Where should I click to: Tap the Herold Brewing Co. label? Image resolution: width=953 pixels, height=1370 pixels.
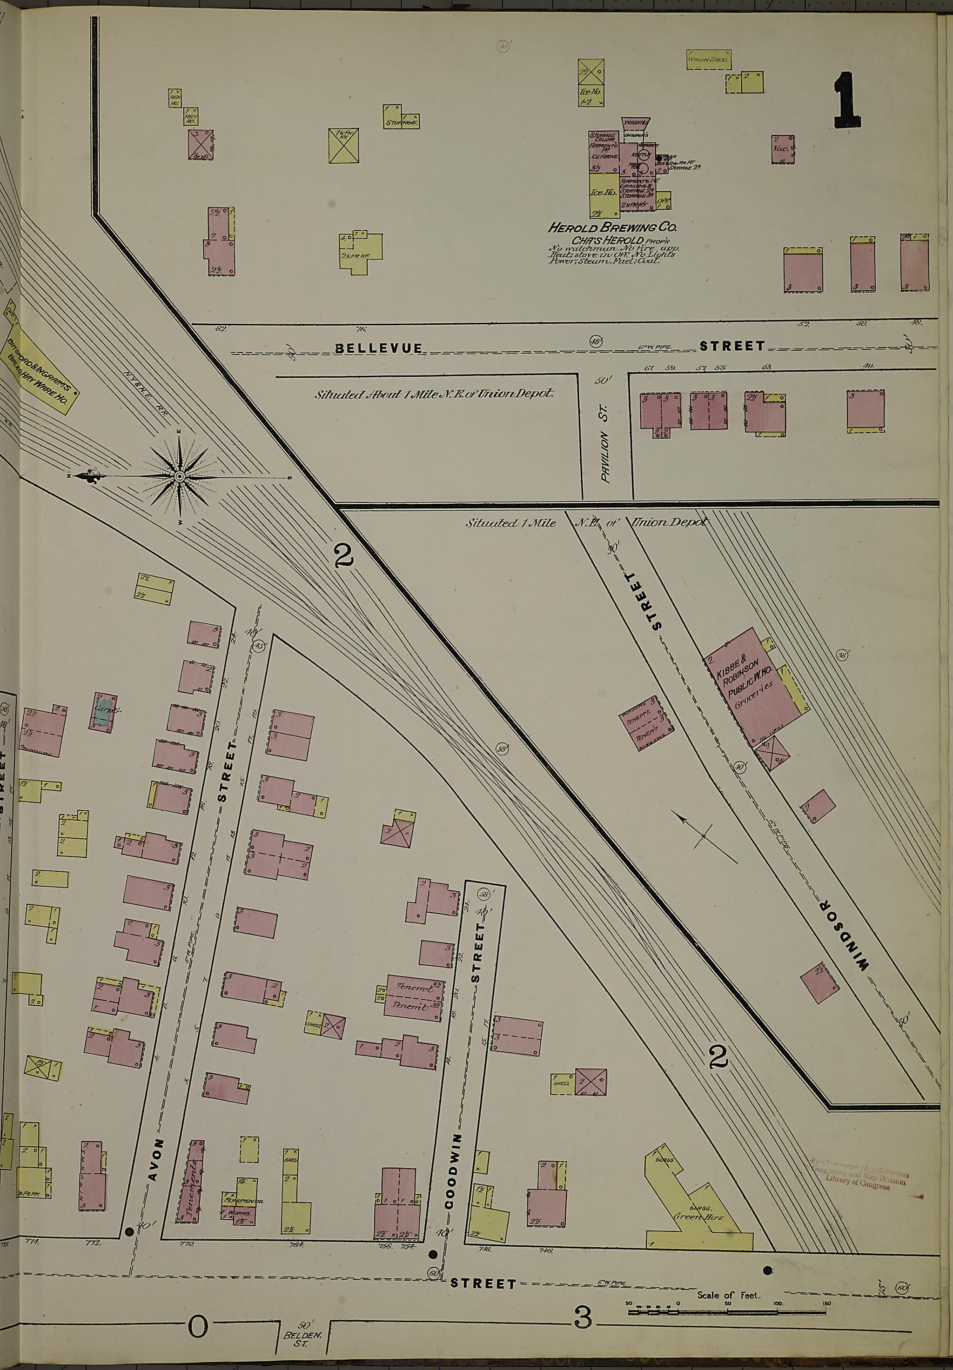click(x=611, y=227)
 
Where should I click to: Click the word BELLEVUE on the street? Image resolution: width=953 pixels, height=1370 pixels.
click(x=378, y=348)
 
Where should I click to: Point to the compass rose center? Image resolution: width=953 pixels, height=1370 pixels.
click(x=179, y=476)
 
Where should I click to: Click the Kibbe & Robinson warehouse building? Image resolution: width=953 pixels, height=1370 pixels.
click(x=755, y=693)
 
